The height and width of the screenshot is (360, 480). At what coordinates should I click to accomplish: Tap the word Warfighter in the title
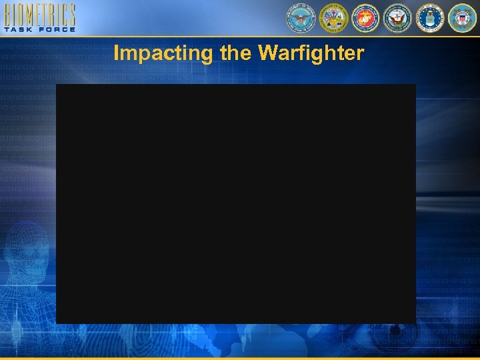click(315, 53)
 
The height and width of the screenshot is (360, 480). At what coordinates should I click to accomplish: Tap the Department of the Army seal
click(333, 18)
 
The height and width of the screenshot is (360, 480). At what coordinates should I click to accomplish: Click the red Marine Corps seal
click(365, 18)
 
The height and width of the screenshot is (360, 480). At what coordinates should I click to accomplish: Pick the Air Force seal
click(430, 18)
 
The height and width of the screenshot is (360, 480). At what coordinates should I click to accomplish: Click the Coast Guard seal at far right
click(462, 18)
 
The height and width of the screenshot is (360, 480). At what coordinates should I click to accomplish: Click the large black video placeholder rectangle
click(235, 203)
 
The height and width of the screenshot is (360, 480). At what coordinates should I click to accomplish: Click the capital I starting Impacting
click(117, 53)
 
